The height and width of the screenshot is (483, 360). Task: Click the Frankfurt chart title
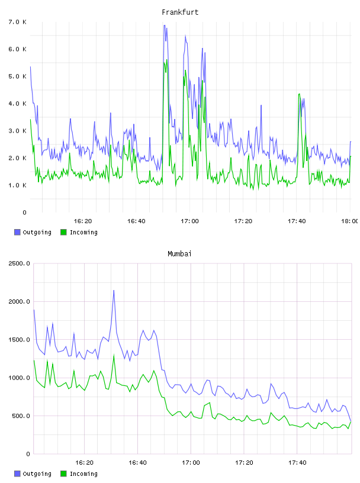click(180, 12)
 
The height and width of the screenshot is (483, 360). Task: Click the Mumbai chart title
click(179, 254)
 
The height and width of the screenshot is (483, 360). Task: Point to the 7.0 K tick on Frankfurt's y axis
click(17, 22)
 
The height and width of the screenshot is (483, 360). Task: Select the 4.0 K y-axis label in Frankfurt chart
click(17, 104)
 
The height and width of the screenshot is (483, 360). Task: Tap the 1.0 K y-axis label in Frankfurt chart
click(17, 185)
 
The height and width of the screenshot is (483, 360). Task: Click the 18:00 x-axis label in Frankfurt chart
click(350, 221)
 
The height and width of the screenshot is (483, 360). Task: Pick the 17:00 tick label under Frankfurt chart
click(190, 221)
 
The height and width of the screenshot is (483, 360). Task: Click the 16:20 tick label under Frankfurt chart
click(83, 221)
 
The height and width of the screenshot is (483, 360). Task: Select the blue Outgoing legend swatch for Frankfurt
click(17, 232)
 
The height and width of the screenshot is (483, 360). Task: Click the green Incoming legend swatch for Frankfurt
click(63, 232)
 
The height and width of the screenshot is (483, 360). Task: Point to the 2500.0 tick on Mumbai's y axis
click(19, 263)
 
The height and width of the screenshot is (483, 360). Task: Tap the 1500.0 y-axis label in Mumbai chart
click(19, 340)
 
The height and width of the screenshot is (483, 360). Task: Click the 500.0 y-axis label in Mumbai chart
click(21, 416)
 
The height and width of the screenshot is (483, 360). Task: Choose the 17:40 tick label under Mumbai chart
click(297, 462)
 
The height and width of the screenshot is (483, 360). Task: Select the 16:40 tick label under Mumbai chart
click(137, 462)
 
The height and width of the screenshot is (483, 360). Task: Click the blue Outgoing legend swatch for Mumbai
click(17, 474)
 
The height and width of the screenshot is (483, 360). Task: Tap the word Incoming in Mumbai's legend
click(83, 474)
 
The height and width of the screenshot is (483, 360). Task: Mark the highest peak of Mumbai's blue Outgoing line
click(114, 290)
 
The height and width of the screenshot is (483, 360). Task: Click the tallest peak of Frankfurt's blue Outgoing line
click(165, 25)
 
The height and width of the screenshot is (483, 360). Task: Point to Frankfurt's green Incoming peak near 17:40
click(299, 94)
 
